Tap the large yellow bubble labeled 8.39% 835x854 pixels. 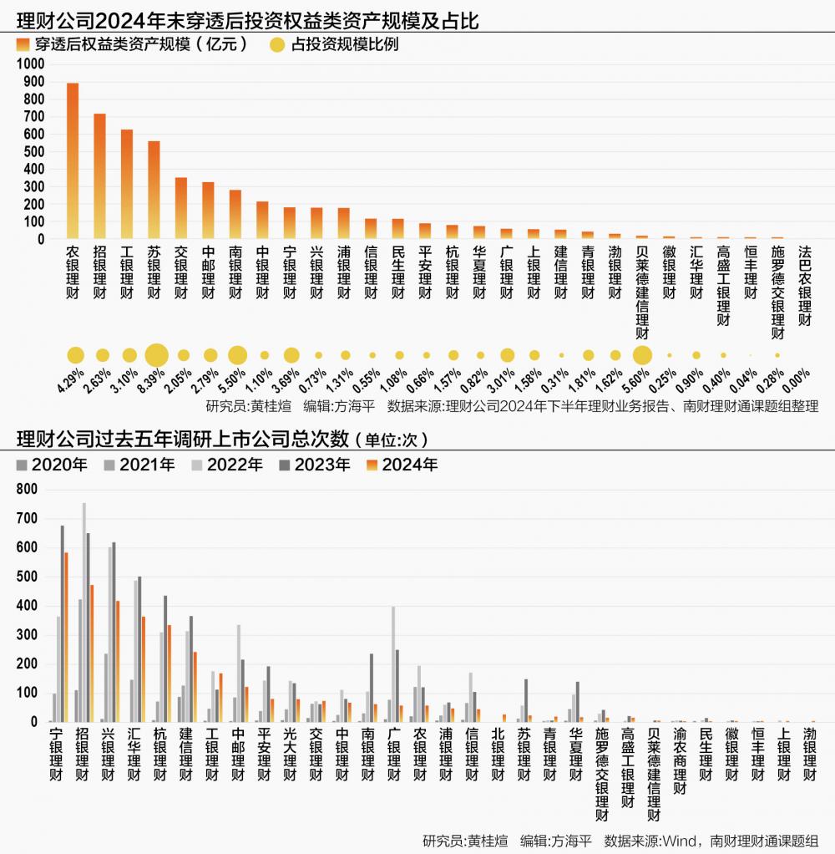click(156, 355)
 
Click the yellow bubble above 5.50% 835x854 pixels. click(237, 355)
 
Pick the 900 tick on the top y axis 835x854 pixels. click(34, 81)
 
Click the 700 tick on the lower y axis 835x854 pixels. click(28, 519)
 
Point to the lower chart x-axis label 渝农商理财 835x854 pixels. click(681, 760)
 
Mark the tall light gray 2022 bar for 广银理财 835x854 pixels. click(393, 663)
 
